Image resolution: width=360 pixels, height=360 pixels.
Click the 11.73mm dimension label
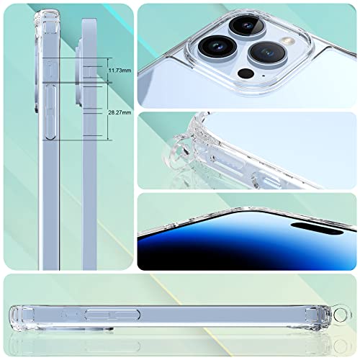(x=120, y=71)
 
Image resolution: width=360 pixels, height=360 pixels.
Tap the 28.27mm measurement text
(x=120, y=112)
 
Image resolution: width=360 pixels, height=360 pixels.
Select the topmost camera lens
(x=247, y=26)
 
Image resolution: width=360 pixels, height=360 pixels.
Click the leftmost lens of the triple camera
(x=217, y=47)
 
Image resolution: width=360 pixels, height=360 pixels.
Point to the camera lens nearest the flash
(x=267, y=53)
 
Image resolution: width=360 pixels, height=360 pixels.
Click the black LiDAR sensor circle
(x=246, y=73)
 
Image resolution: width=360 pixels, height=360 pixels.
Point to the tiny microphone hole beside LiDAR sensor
(x=264, y=76)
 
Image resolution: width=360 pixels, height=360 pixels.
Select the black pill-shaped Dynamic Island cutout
(x=317, y=229)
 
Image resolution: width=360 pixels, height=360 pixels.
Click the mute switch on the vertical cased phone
(x=50, y=70)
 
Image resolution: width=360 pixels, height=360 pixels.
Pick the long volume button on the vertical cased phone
(x=50, y=112)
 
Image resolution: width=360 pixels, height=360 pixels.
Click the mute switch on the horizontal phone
(x=70, y=314)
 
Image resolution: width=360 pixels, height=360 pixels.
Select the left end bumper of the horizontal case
(x=22, y=315)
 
